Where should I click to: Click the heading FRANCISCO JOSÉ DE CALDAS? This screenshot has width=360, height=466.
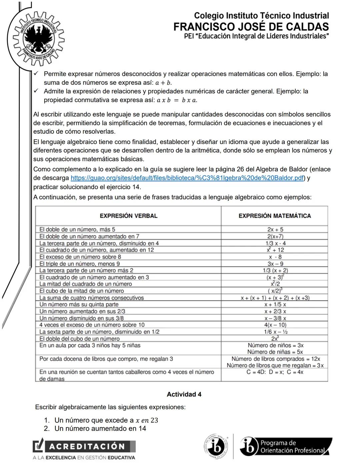click(251, 27)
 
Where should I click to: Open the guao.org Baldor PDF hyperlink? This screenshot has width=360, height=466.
click(187, 178)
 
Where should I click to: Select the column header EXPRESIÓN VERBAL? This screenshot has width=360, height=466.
click(128, 216)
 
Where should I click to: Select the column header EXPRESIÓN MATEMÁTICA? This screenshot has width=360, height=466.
click(275, 216)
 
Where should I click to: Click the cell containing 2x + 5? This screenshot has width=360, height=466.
click(275, 229)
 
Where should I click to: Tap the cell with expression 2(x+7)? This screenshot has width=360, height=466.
click(275, 237)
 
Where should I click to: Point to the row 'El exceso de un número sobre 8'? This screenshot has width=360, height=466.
click(80, 257)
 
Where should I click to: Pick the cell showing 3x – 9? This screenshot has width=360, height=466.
click(275, 264)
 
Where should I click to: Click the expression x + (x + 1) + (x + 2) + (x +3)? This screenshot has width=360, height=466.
click(275, 298)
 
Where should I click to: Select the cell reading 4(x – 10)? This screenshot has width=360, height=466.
click(275, 325)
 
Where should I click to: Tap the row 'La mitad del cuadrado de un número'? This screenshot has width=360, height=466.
click(86, 284)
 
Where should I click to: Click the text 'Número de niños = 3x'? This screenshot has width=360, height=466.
click(275, 345)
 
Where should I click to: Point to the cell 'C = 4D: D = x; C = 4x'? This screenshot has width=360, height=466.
click(275, 372)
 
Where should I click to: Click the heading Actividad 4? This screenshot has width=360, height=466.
click(184, 394)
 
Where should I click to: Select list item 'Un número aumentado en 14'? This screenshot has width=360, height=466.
click(100, 429)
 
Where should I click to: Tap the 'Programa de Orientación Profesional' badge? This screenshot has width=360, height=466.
click(286, 446)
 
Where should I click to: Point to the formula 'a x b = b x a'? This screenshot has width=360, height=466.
click(177, 100)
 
